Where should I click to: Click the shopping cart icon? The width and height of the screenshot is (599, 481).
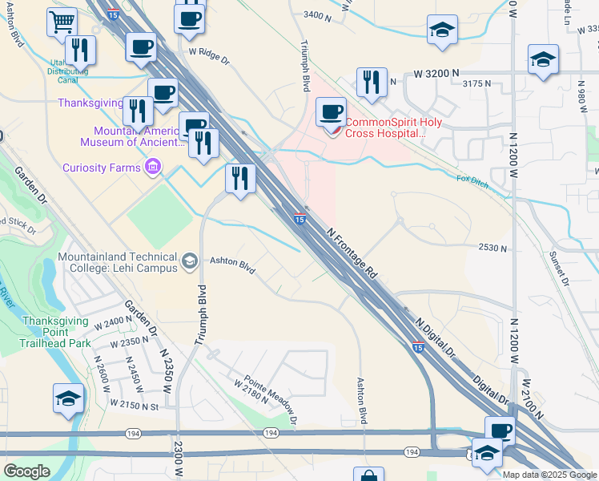62,22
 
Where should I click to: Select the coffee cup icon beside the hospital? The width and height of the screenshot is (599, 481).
331,112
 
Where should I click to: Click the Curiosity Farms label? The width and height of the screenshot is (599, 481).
103,168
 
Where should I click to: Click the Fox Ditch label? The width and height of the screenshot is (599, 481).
472,179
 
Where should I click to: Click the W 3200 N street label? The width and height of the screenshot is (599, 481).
436,73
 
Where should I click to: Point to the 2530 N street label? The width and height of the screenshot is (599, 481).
492,249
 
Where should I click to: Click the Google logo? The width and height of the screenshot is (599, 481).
26,471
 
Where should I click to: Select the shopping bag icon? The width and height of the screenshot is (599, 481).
368,475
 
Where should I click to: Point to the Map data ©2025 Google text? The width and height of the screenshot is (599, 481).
549,475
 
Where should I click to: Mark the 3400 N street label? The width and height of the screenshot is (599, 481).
318,15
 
